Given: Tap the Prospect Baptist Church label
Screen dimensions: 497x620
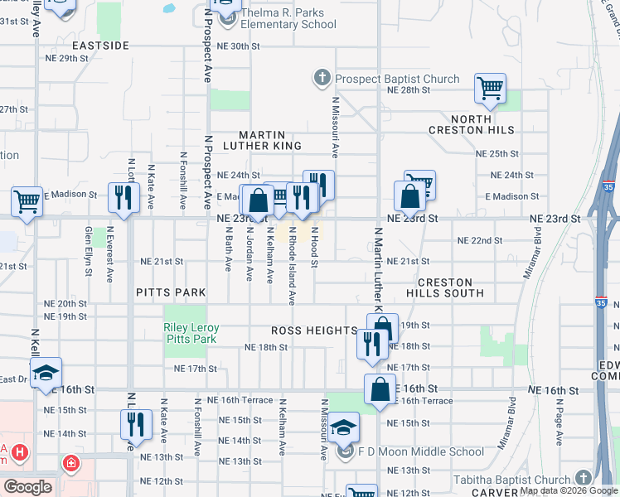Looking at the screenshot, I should tap(396, 80).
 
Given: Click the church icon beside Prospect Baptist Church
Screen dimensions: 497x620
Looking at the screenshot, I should tap(322, 80).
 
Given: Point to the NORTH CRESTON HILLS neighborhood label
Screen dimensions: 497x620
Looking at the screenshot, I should tap(471, 124).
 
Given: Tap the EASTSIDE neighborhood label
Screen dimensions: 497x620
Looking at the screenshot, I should tap(100, 46).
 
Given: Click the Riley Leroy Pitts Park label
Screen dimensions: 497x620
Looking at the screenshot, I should tap(191, 334).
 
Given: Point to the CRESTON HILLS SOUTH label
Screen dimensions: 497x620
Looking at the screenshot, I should tap(444, 287).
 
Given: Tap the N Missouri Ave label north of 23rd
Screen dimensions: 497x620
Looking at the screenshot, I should tap(336, 127).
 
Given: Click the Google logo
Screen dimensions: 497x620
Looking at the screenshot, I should tap(27, 487).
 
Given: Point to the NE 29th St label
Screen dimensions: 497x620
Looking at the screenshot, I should tap(67, 59).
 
